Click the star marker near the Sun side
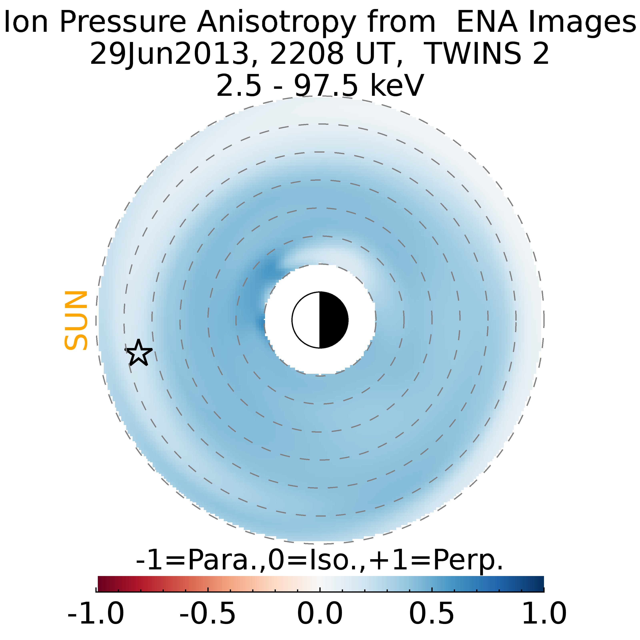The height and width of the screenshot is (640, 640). tap(138, 353)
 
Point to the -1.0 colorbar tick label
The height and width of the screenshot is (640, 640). tap(96, 613)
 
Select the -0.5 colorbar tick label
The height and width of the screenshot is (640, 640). tap(208, 613)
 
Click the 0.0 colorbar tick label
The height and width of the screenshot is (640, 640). tap(320, 613)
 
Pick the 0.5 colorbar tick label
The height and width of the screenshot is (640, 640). tap(432, 613)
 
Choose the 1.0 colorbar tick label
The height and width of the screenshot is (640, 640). tap(544, 613)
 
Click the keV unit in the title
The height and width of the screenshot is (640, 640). tap(397, 85)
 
